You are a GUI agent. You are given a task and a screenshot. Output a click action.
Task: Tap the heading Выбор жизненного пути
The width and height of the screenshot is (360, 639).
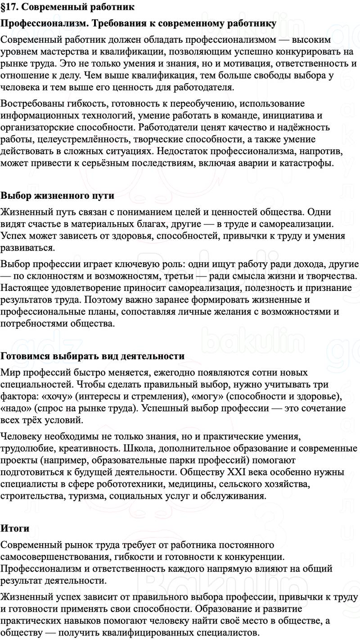pos(57,196)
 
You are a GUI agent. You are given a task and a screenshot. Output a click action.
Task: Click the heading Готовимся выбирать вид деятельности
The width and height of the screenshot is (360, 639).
pos(93,356)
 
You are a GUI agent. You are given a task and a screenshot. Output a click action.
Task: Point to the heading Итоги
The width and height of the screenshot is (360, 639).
pos(15,528)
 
